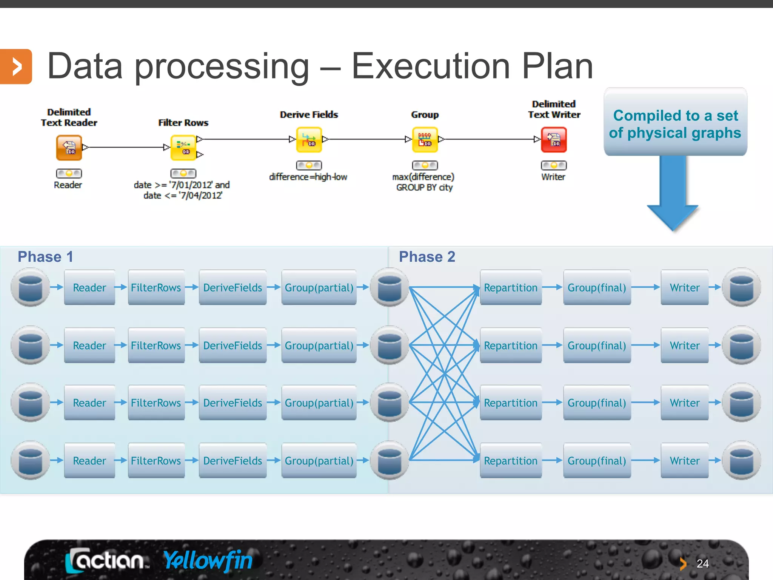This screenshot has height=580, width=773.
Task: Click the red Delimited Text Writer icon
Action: pyautogui.click(x=554, y=140)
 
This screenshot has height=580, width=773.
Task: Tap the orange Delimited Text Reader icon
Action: pyautogui.click(x=69, y=148)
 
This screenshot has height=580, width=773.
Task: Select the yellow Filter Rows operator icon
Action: pyautogui.click(x=183, y=148)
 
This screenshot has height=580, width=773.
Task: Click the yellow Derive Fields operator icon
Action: pyautogui.click(x=309, y=140)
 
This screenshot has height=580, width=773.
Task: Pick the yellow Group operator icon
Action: pyautogui.click(x=425, y=140)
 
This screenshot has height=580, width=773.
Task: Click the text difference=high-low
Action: pyautogui.click(x=308, y=177)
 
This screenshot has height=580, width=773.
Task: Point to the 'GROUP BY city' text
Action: pyautogui.click(x=424, y=188)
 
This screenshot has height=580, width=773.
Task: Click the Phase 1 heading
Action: pyautogui.click(x=45, y=257)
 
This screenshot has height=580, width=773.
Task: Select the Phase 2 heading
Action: pyautogui.click(x=427, y=257)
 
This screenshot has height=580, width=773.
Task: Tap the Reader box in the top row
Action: pyautogui.click(x=89, y=287)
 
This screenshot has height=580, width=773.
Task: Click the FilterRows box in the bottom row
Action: pyautogui.click(x=156, y=461)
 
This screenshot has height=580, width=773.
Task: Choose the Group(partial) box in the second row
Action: pyautogui.click(x=319, y=346)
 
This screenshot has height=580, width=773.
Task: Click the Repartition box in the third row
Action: pyautogui.click(x=511, y=403)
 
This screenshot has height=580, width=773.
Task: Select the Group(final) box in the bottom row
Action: pyautogui.click(x=597, y=461)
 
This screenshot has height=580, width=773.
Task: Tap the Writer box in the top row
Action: pyautogui.click(x=685, y=287)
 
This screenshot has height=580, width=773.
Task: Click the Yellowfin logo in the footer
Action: pyautogui.click(x=208, y=560)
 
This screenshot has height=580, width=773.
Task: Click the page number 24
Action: pyautogui.click(x=702, y=564)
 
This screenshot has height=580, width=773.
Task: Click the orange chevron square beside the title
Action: pyautogui.click(x=16, y=66)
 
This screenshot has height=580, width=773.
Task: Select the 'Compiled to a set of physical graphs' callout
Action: pyautogui.click(x=675, y=123)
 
